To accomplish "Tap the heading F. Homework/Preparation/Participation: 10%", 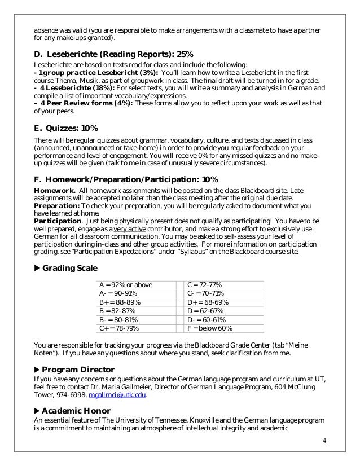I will click(x=122, y=179).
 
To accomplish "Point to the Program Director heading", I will click(x=78, y=369).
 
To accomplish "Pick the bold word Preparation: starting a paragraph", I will click(x=55, y=206).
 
